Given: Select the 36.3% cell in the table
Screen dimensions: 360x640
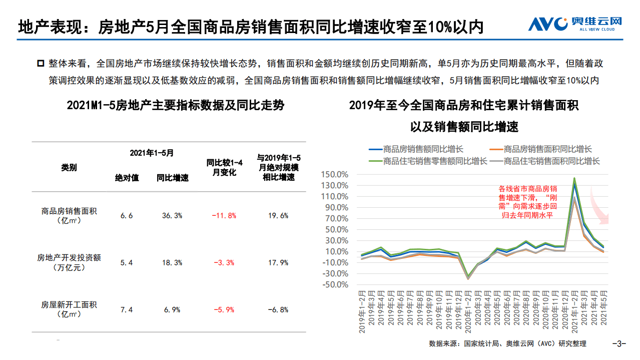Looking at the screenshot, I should [x=172, y=216].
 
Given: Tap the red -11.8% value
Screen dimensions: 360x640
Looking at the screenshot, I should [x=224, y=216].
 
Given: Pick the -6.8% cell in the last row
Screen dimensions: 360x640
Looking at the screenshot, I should [x=278, y=310].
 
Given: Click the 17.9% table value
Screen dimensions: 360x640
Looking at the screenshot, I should [x=278, y=263].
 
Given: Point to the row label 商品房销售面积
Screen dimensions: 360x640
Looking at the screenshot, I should [x=69, y=211].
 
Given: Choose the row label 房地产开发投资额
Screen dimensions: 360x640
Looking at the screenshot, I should [x=69, y=258].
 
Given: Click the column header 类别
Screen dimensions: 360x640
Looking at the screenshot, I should [x=69, y=168].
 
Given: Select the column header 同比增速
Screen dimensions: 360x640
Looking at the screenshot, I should [x=172, y=178].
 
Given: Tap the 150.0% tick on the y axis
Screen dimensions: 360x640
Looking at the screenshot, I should [x=335, y=175].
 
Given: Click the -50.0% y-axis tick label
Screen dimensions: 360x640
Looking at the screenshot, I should [x=335, y=285].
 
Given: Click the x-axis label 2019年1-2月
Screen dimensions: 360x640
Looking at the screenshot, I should [x=363, y=311].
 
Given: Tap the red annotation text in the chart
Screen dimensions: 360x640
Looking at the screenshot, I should [x=528, y=202].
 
